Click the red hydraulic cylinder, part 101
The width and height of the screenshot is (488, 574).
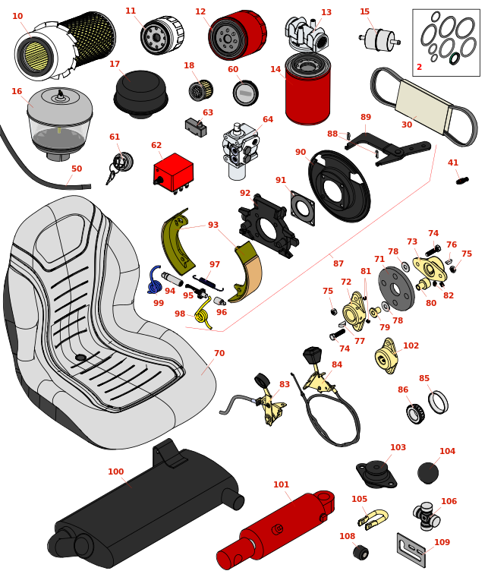tap(277, 528)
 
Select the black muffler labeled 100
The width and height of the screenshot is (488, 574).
tap(144, 509)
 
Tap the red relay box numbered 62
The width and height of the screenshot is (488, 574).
tap(173, 172)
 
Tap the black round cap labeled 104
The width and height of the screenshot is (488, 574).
tap(428, 473)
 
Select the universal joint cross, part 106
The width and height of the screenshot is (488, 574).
tap(427, 516)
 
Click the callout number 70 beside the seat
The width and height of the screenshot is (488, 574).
tap(219, 353)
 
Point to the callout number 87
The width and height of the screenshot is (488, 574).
tap(338, 263)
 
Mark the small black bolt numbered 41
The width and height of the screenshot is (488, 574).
tap(461, 180)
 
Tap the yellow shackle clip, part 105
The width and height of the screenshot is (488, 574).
tap(373, 519)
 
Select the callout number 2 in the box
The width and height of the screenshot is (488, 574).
tap(419, 67)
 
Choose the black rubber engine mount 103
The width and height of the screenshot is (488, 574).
tap(376, 474)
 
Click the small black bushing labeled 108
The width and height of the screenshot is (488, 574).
tap(361, 552)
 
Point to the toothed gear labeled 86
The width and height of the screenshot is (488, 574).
tap(414, 414)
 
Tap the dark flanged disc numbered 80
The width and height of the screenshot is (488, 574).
tap(395, 289)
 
